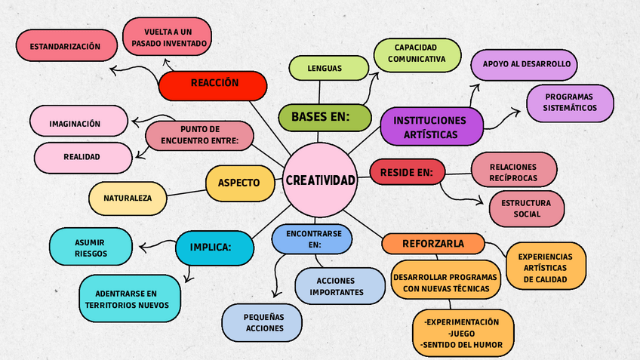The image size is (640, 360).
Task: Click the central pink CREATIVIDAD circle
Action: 320,180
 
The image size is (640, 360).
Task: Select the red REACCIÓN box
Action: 214,85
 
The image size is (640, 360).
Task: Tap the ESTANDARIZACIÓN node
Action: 66,47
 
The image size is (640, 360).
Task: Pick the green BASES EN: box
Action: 325,117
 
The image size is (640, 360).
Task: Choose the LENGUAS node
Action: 325,69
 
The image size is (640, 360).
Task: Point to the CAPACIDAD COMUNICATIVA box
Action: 417,54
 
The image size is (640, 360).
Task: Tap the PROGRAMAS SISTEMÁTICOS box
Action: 570,103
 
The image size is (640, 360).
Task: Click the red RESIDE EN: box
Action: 407,172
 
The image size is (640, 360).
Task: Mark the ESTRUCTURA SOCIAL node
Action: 527,208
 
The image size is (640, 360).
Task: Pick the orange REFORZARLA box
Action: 432,244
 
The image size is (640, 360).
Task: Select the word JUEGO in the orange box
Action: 461,333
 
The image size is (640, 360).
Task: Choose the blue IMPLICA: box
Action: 211,247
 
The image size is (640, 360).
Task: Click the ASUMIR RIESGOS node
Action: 91,247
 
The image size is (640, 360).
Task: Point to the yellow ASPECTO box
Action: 239,183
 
